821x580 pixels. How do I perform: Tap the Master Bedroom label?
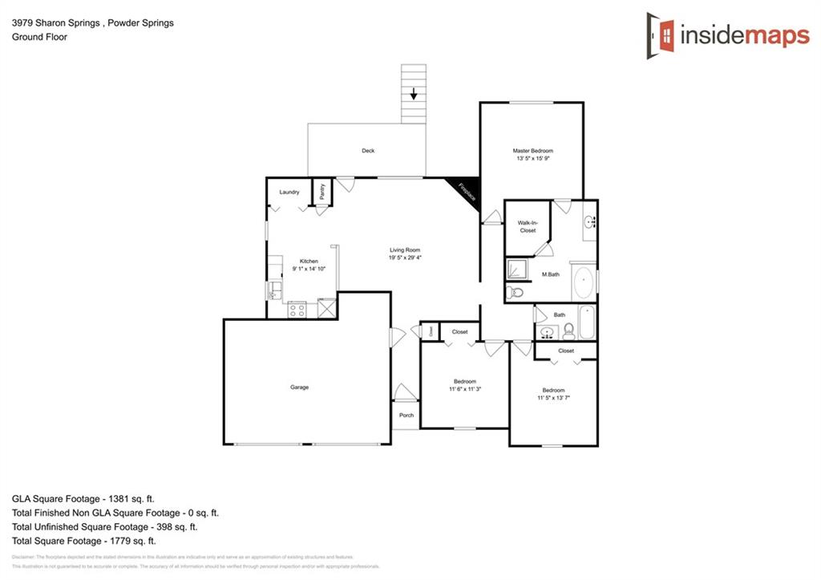click(533, 151)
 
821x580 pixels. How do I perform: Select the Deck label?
click(368, 151)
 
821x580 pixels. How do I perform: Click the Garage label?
click(299, 387)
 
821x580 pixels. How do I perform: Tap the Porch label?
click(406, 416)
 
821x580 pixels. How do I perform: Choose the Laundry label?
click(289, 193)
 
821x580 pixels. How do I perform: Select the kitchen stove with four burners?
click(297, 310)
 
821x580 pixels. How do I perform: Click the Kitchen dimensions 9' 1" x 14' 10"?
click(309, 270)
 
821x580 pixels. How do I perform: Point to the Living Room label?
click(405, 250)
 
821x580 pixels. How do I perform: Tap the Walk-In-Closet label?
click(527, 227)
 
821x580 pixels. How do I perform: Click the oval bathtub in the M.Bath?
click(583, 283)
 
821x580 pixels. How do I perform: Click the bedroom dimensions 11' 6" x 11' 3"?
click(465, 389)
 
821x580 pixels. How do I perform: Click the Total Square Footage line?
click(84, 541)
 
